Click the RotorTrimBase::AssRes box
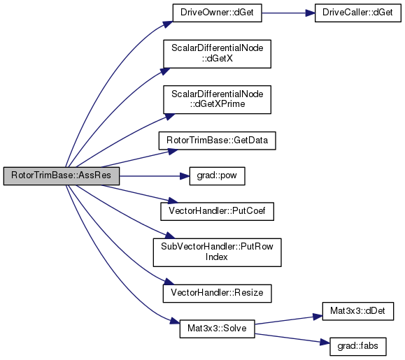[x=62, y=176]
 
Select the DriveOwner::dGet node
[x=218, y=13]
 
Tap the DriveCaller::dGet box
[x=358, y=13]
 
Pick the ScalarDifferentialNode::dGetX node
[x=218, y=54]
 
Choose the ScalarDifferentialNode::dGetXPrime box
[x=218, y=100]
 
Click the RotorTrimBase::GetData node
[x=218, y=141]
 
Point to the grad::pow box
[x=218, y=176]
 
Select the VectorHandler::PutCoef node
[x=218, y=211]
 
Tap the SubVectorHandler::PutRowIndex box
[x=218, y=252]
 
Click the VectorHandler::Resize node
[x=218, y=294]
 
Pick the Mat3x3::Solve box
[x=218, y=329]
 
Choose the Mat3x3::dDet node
[x=358, y=311]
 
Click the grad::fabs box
[x=358, y=347]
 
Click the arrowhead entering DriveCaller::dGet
[x=310, y=13]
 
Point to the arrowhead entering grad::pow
[x=185, y=176]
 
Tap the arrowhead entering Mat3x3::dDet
[x=318, y=317]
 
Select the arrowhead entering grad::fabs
[x=325, y=343]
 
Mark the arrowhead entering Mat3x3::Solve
[x=175, y=322]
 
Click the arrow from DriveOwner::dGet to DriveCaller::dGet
[x=288, y=13]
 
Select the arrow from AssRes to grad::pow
[x=155, y=176]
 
